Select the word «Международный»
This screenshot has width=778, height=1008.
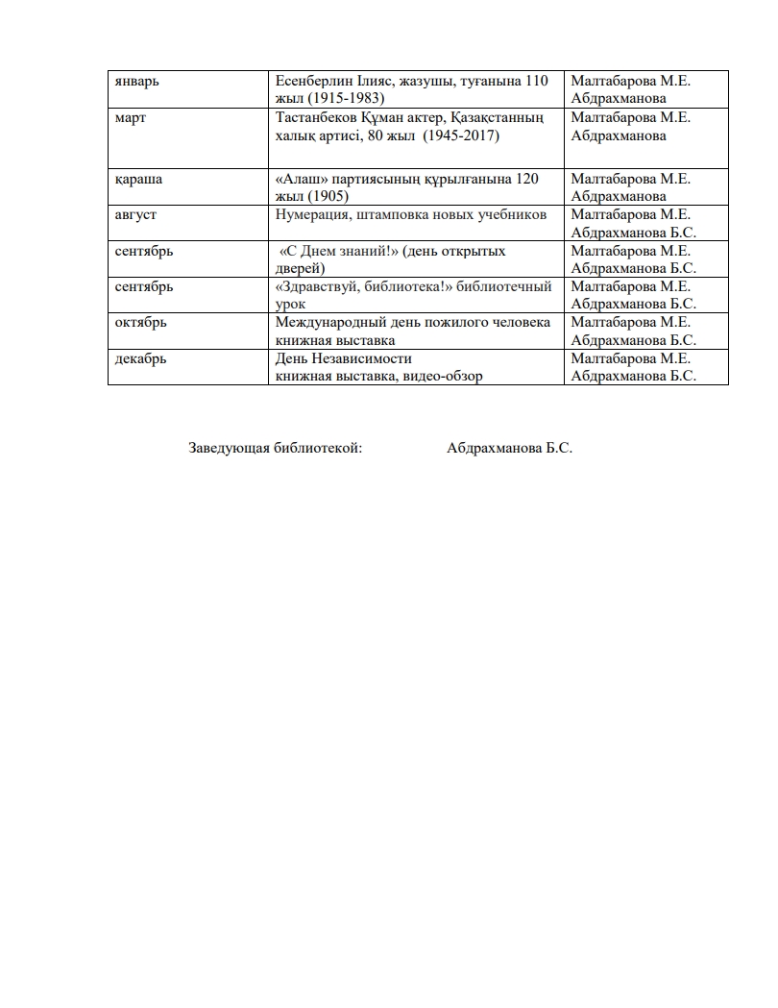[x=331, y=322]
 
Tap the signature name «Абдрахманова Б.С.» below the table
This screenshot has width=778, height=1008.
[x=509, y=448]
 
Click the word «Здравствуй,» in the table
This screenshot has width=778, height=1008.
[x=318, y=286]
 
